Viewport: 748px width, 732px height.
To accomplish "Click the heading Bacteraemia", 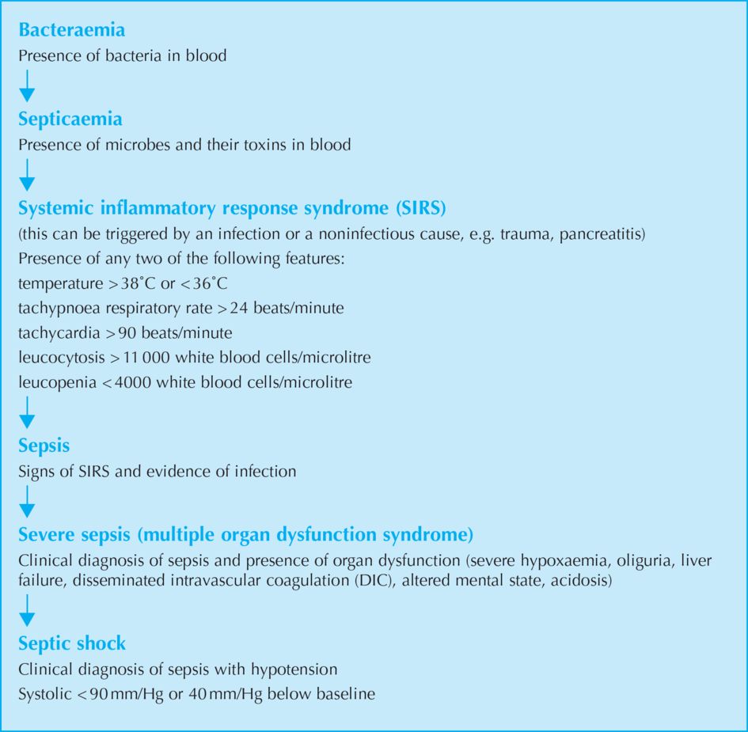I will tap(71, 31).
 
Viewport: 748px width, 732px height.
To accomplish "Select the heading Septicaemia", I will tap(70, 119).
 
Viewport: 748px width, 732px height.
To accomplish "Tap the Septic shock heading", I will tap(72, 643).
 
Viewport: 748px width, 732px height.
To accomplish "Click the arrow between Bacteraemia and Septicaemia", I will tap(27, 85).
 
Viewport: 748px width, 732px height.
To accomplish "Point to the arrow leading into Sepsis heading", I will tap(27, 413).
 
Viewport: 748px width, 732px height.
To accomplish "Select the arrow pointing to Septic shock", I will tap(27, 610).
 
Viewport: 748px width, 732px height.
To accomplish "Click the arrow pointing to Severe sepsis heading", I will tap(27, 501).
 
